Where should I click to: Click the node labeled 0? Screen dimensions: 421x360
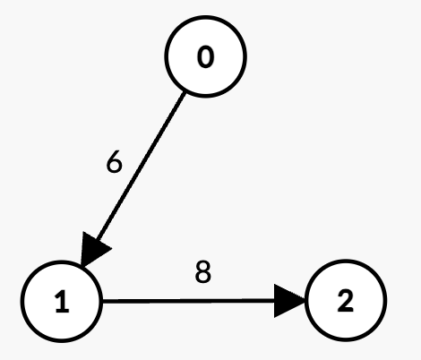pos(206,56)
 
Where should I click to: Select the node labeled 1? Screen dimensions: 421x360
pos(62,301)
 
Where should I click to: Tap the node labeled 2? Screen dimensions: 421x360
pos(346,300)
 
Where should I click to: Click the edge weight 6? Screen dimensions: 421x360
pos(115,162)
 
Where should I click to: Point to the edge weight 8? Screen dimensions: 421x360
pos(203,271)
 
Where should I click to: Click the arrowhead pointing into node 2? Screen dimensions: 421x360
pos(288,301)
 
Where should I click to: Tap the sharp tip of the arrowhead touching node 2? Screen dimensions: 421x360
pos(305,300)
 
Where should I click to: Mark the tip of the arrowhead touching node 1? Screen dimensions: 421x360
pos(82,266)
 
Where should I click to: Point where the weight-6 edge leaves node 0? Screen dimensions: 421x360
pos(185,92)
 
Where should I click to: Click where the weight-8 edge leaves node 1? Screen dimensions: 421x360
pos(103,301)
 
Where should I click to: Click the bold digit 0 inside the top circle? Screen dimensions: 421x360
pos(206,56)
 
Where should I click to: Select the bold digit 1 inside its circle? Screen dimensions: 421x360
pos(62,302)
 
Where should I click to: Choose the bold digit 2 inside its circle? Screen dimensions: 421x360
pos(346,301)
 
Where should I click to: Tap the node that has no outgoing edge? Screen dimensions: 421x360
pos(346,300)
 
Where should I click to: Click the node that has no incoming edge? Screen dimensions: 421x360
pos(206,56)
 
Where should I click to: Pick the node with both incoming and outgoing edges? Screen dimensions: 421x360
pos(62,301)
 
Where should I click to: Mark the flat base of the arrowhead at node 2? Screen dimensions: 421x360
pos(274,301)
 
